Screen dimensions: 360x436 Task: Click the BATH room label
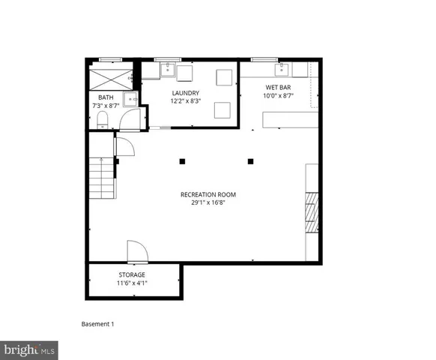[105, 97]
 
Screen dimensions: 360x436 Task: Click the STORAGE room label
[132, 275]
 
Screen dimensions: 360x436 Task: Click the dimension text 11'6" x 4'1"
[132, 283]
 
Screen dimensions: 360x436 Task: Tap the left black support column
[182, 160]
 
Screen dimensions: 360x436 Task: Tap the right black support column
[251, 160]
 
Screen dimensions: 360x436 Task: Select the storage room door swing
[136, 252]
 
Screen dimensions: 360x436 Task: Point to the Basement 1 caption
[97, 324]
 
